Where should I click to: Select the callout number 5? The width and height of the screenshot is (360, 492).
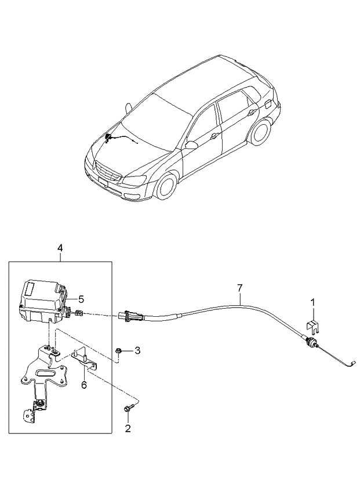click(x=81, y=299)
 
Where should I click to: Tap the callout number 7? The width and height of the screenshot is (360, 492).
click(x=239, y=287)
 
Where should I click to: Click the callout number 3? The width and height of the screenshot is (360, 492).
click(x=137, y=350)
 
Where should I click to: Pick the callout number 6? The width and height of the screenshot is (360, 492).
click(x=83, y=385)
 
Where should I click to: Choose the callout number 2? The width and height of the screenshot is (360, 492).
click(x=128, y=429)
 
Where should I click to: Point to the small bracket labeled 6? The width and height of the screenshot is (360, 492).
click(x=85, y=360)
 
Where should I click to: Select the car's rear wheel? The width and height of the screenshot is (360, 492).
click(x=259, y=132)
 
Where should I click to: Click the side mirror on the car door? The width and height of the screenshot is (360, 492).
click(x=190, y=145)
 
